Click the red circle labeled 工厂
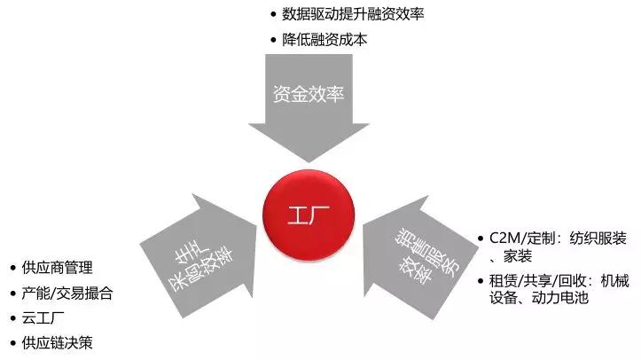[309, 215]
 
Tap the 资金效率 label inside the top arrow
[309, 94]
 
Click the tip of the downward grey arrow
[309, 161]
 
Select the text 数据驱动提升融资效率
[353, 14]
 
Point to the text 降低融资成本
[324, 40]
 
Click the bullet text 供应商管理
[58, 268]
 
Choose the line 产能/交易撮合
[67, 293]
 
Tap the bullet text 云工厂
[43, 318]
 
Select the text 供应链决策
[58, 343]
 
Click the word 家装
[518, 256]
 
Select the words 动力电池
[560, 298]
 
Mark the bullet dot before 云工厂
[13, 318]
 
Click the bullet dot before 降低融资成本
[273, 40]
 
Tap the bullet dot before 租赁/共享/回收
[481, 281]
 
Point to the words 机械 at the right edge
[614, 281]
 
